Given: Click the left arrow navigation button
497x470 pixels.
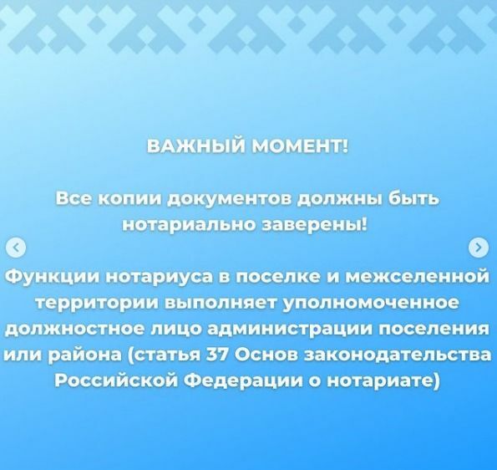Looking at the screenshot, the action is point(16,247).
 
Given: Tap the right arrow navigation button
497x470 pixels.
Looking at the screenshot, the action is point(479,247).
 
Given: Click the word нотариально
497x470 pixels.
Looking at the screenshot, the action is point(190,225).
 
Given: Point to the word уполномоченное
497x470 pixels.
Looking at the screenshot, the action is point(370,304).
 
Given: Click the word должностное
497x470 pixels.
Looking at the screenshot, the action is point(75,330).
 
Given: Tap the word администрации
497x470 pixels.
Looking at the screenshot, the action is point(291,330).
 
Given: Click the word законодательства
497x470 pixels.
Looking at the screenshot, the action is point(397,355).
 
